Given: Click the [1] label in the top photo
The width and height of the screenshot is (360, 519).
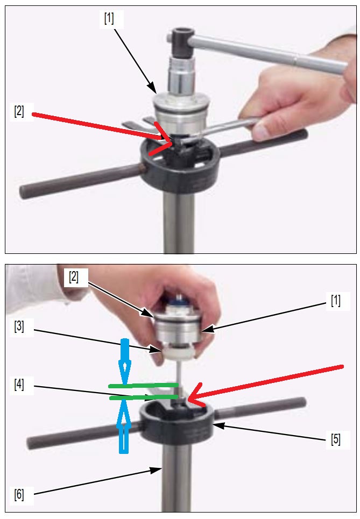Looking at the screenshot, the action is (109, 18).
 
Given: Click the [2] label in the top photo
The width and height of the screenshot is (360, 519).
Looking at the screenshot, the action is (19, 111).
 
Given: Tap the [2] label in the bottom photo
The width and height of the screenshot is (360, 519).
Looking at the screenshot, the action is (74, 277).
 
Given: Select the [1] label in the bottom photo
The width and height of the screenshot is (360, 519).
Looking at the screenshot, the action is (335, 301).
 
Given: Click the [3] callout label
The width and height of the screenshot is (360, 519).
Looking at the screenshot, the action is (19, 326).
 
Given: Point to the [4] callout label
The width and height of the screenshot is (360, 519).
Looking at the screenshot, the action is (19, 385).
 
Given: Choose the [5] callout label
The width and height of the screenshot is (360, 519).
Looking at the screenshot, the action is (335, 439).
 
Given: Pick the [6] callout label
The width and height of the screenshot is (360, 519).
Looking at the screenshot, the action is (19, 494).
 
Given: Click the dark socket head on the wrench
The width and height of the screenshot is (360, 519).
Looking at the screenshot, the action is (180, 42).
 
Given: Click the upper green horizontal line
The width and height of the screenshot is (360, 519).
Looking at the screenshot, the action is (143, 385).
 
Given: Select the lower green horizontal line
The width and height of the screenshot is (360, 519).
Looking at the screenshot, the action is (143, 396).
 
